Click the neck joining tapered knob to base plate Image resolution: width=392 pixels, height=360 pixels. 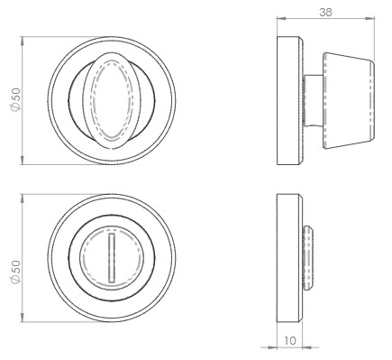[x=312, y=100]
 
